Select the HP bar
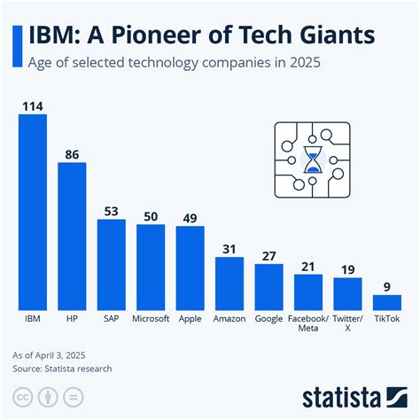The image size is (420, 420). pos(72,235)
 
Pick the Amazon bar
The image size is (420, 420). pos(229,283)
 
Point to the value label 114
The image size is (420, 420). pos(32,105)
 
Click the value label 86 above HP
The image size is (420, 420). pos(72,154)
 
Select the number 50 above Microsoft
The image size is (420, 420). pos(151,215)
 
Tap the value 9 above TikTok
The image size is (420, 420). pos(386,286)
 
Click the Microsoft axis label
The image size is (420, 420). pos(151,317)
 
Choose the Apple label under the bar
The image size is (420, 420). pos(190,317)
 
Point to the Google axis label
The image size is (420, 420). pos(268,317)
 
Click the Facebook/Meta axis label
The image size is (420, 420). pos(308,323)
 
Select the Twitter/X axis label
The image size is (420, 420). pos(347,323)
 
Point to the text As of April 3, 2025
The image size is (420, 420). pos(54,354)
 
